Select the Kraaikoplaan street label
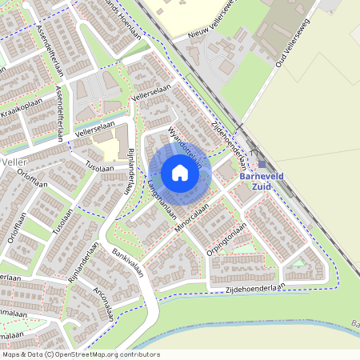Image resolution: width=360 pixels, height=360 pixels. (x=20, y=109)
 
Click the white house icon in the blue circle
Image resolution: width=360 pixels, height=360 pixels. (x=180, y=172)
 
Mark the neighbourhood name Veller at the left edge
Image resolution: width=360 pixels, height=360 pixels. (x=14, y=162)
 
